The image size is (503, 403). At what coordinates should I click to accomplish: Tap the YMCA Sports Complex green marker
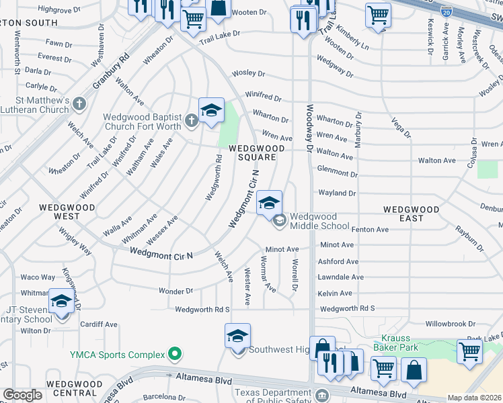[x=175, y=353]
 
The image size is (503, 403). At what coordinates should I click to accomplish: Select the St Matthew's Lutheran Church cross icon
[x=79, y=103]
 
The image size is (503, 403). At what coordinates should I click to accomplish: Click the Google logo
[x=22, y=395]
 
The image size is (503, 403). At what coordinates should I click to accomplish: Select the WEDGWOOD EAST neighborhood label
[x=411, y=214]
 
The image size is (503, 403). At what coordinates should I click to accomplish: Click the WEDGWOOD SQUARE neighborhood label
[x=252, y=152]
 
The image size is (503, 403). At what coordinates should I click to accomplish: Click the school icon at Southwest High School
[x=237, y=336]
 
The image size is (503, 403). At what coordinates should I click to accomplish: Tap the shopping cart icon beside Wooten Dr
[x=193, y=19]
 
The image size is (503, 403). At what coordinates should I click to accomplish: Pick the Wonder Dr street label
[x=176, y=292]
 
